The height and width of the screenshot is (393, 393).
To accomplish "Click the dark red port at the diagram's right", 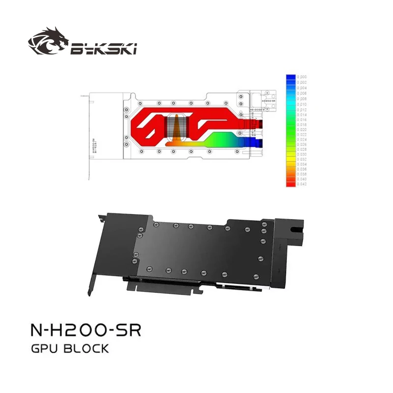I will click(x=256, y=122).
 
